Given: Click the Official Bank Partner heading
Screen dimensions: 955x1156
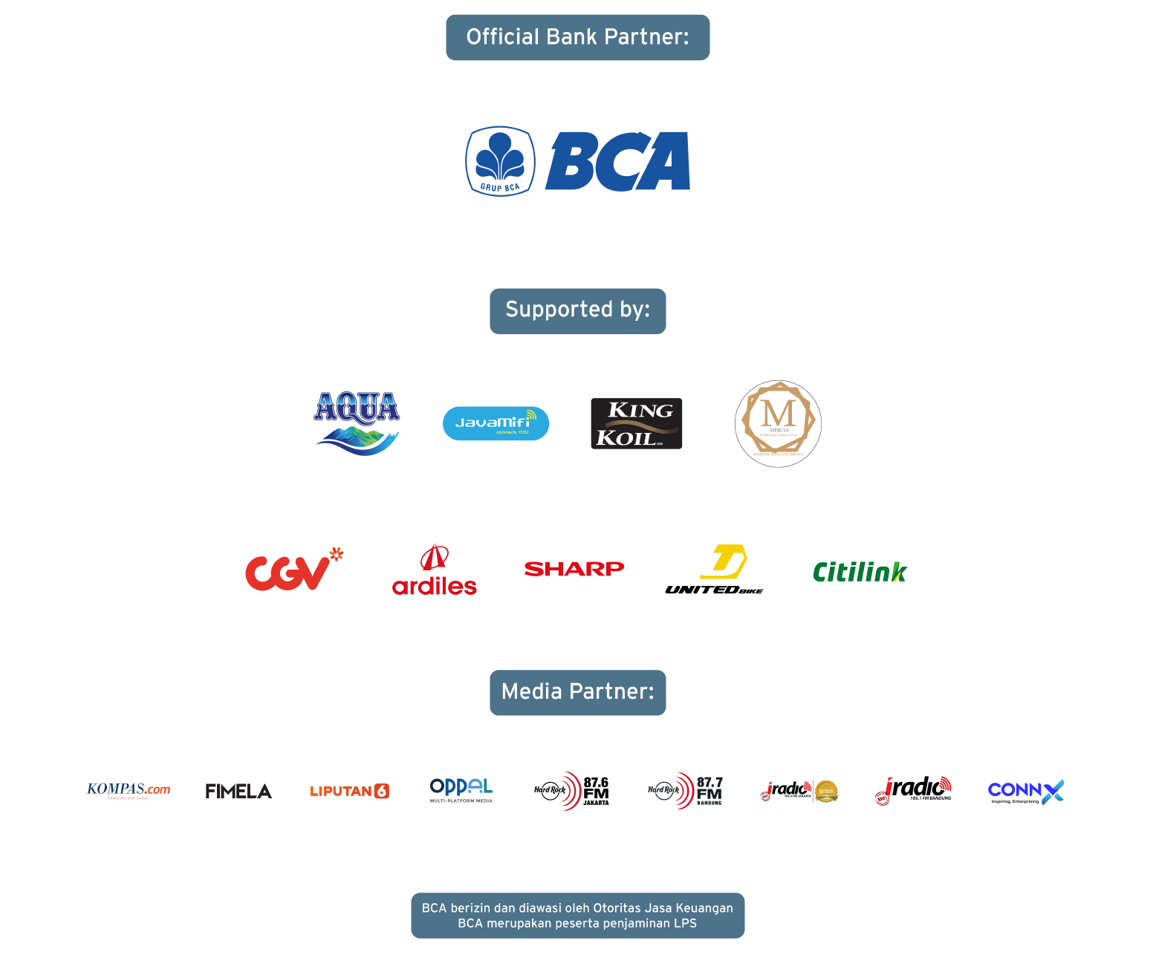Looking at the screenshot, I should [x=577, y=37].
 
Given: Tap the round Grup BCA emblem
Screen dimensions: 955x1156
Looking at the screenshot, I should [x=500, y=161].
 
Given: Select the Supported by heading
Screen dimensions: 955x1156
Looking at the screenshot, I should [x=577, y=310].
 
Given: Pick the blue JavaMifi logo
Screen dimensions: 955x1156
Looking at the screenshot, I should [x=496, y=423].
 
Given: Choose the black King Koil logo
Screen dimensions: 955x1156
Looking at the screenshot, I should [x=636, y=423].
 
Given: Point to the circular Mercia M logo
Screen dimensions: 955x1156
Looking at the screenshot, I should [x=778, y=423].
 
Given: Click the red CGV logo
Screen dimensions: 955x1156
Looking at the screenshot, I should [x=293, y=570].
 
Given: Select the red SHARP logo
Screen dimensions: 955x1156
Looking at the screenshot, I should [x=574, y=569].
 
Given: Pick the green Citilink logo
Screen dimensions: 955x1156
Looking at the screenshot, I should [x=860, y=572].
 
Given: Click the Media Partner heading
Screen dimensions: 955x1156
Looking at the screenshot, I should [x=577, y=692].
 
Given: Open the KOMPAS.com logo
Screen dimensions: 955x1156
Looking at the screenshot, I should [x=129, y=790].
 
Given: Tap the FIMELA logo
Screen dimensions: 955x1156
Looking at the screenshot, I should [x=238, y=791].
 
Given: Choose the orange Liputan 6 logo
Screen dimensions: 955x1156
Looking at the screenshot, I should [x=349, y=791].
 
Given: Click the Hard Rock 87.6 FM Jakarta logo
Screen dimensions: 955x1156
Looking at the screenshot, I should [x=571, y=791].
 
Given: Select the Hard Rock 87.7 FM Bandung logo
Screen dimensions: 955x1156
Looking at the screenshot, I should [x=685, y=791].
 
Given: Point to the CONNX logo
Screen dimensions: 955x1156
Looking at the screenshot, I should [x=1025, y=792].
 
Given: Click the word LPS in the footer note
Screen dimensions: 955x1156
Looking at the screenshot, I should [x=685, y=923].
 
